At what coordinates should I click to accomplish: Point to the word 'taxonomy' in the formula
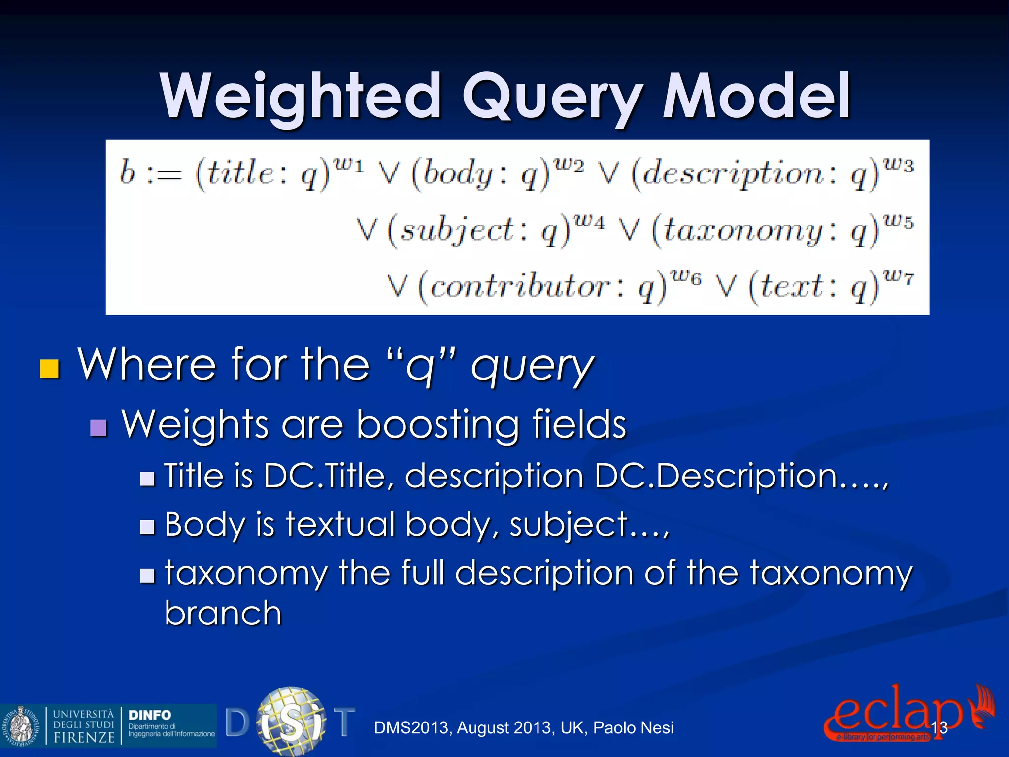pyautogui.click(x=741, y=231)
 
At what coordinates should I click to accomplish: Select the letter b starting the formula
pyautogui.click(x=128, y=173)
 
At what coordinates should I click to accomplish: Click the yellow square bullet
pyautogui.click(x=50, y=368)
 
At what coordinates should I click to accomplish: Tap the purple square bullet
pyautogui.click(x=99, y=428)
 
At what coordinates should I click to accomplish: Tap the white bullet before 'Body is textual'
pyautogui.click(x=147, y=527)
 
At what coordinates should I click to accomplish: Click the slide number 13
pyautogui.click(x=939, y=728)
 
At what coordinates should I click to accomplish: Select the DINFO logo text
pyautogui.click(x=150, y=715)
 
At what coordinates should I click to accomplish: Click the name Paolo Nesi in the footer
pyautogui.click(x=633, y=728)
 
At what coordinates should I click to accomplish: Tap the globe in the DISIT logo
pyautogui.click(x=291, y=721)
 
